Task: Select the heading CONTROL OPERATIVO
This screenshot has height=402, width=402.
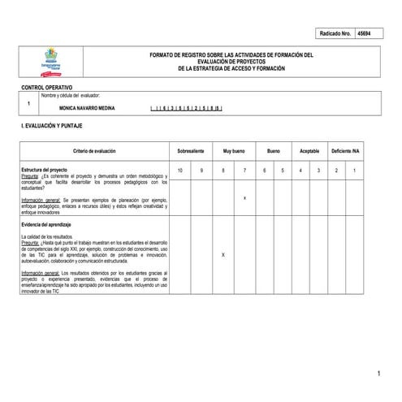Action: click(x=46, y=87)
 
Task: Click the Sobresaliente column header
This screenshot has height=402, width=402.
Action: click(x=190, y=152)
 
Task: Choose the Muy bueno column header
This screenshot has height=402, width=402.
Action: click(x=233, y=152)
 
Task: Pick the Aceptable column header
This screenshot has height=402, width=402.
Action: click(x=309, y=152)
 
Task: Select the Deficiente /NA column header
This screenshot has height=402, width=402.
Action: click(x=346, y=152)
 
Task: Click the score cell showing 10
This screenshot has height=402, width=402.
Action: click(x=180, y=170)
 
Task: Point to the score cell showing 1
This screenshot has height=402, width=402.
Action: click(x=355, y=170)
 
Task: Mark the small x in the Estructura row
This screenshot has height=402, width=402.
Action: click(x=244, y=197)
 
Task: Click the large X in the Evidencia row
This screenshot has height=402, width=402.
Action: click(x=223, y=254)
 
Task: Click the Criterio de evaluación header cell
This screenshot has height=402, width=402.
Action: click(x=94, y=152)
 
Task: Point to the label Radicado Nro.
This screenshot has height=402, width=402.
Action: click(x=334, y=33)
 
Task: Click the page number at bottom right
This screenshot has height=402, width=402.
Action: click(x=378, y=373)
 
